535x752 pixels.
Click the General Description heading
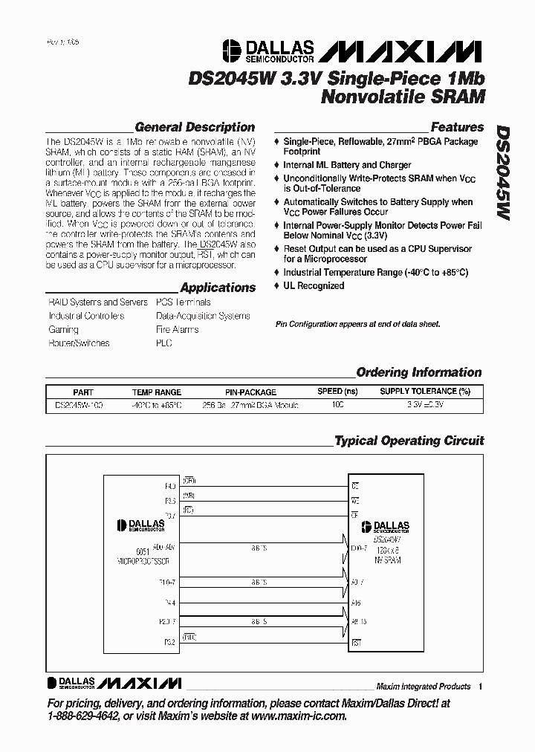point(195,127)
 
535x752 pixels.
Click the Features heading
point(457,127)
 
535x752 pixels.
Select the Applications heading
point(218,288)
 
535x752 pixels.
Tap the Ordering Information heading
point(418,372)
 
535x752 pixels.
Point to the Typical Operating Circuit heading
point(409,441)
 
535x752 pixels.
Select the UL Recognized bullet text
point(314,286)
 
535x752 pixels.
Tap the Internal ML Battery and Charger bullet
point(347,165)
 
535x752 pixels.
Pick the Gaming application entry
point(63,329)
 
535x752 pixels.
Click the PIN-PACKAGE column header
point(250,392)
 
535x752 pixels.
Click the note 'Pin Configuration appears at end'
point(357,324)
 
